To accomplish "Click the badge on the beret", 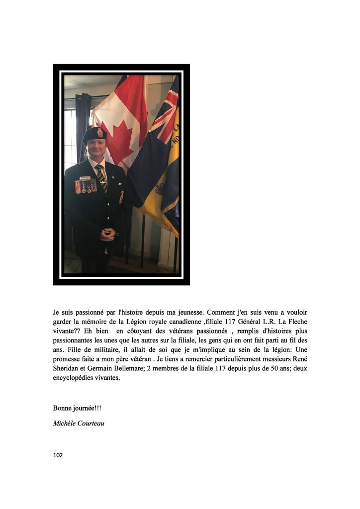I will (x=100, y=132).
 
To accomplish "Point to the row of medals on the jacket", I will (x=86, y=186).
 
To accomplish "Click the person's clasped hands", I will (x=107, y=234).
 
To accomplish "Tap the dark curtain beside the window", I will (x=83, y=124).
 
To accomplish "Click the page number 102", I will (x=58, y=454).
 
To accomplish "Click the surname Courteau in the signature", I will (x=92, y=424).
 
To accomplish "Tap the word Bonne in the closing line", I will (x=63, y=408).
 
